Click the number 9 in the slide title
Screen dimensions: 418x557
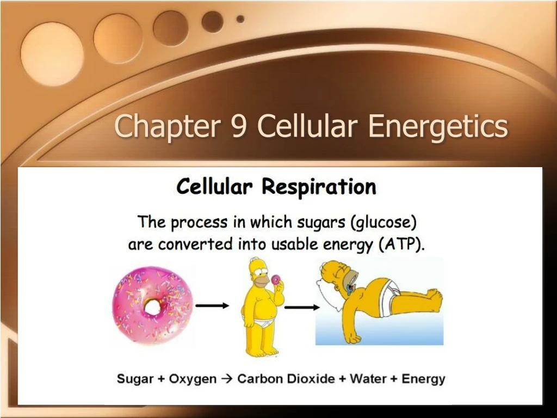click(x=238, y=126)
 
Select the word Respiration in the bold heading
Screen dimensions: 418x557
click(x=319, y=187)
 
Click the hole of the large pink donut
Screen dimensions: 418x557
click(x=152, y=308)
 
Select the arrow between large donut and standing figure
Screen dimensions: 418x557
click(x=212, y=306)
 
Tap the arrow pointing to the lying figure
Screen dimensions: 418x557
click(x=302, y=308)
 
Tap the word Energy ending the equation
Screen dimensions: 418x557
click(x=423, y=379)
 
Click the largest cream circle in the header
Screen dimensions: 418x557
click(x=52, y=54)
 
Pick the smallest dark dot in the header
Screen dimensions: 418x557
click(x=240, y=19)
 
